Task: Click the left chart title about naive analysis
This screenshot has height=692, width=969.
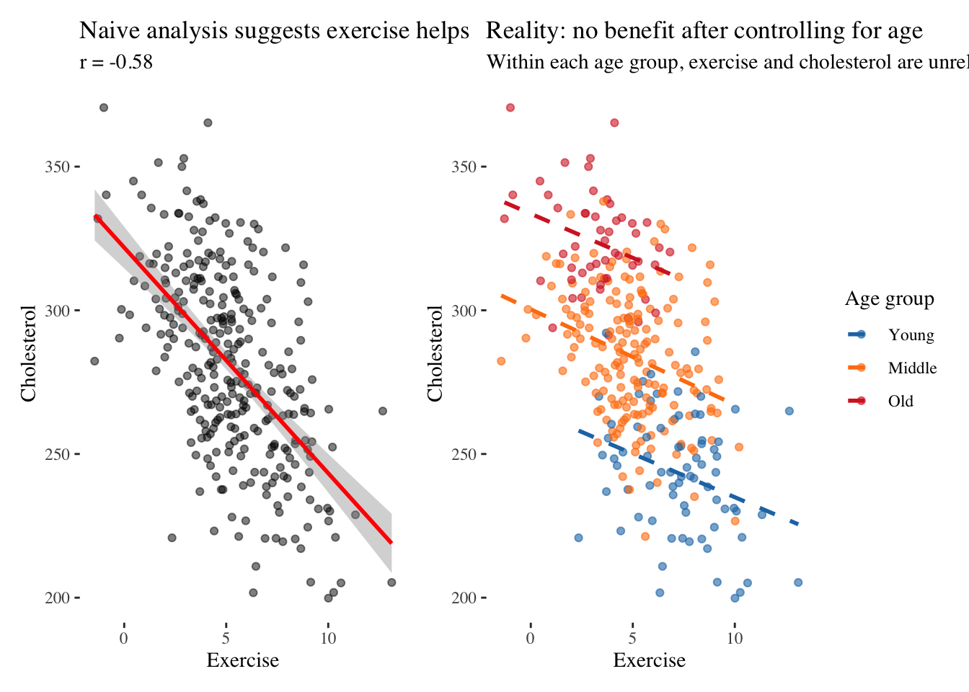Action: [274, 31]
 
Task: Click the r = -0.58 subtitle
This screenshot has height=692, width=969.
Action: [116, 62]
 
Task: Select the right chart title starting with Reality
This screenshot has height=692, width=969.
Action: [704, 31]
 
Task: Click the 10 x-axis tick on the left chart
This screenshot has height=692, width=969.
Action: [328, 638]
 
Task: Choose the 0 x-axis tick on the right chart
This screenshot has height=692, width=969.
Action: [531, 638]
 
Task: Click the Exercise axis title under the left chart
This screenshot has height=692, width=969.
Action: [242, 660]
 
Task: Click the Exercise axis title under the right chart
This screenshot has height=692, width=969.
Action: [649, 660]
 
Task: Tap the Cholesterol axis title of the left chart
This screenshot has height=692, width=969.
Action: [28, 353]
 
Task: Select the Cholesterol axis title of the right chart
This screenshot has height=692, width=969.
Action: [435, 353]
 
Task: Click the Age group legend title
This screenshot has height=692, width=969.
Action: [889, 299]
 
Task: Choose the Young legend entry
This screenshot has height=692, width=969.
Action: [911, 334]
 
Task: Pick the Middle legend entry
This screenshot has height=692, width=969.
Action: [912, 368]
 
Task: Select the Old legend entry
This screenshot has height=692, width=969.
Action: [901, 402]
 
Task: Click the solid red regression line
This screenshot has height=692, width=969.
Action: [243, 378]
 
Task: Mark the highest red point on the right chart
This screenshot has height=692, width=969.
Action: [510, 107]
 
